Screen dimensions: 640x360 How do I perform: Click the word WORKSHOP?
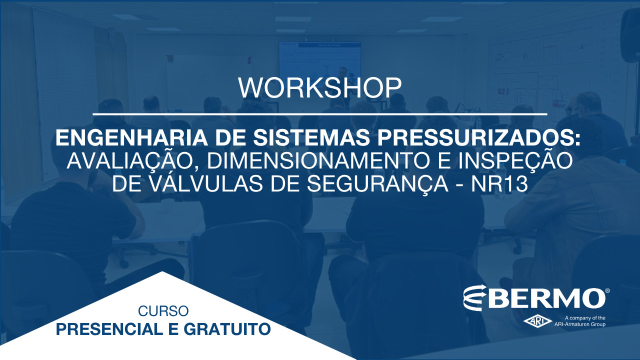click(320, 87)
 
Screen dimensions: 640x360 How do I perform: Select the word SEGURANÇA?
click(377, 184)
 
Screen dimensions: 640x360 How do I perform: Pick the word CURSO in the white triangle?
click(163, 311)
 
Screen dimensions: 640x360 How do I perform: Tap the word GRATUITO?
click(227, 329)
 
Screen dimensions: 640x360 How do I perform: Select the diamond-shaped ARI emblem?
click(537, 321)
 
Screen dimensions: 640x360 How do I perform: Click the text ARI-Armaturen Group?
click(579, 324)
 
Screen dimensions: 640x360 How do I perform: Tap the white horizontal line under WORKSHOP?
click(320, 114)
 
